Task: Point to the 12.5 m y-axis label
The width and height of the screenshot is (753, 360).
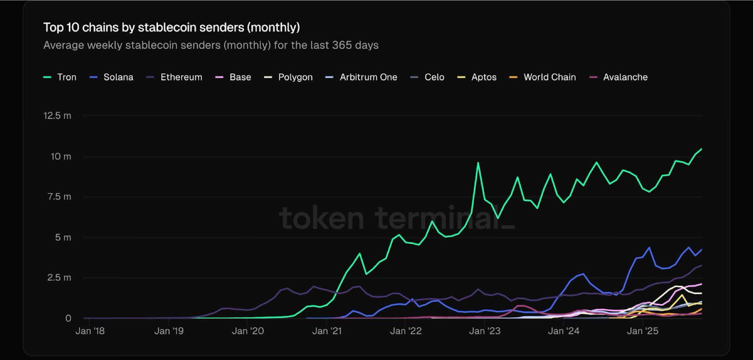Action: pos(57,116)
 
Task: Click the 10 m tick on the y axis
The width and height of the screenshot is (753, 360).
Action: pos(61,157)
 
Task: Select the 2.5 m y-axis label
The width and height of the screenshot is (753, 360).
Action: pos(59,278)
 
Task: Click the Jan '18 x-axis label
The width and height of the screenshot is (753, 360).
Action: pos(90,331)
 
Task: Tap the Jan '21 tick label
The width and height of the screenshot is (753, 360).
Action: pos(327,331)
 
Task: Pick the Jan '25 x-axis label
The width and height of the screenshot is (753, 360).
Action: pos(642,331)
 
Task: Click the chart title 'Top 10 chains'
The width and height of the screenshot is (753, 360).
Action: pos(171,28)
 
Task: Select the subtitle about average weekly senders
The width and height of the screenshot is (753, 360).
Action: pos(211,45)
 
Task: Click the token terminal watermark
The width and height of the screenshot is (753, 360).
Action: pos(396,218)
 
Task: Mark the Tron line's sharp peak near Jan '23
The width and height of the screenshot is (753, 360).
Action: pos(478,163)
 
